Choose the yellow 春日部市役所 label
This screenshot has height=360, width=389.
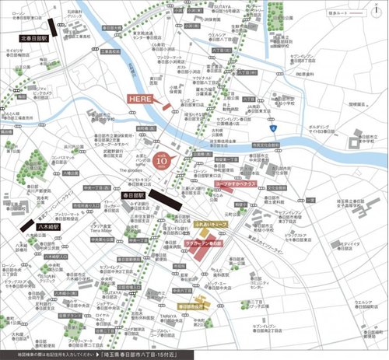point(190,307)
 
